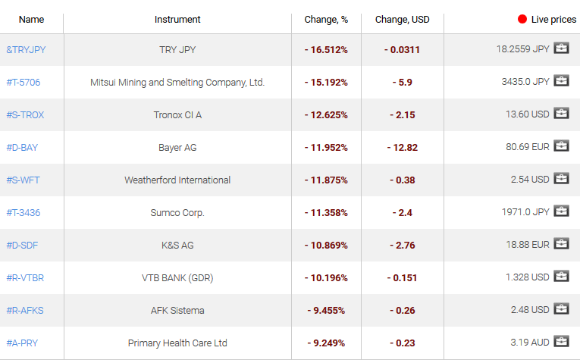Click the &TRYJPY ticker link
26,49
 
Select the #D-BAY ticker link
22,147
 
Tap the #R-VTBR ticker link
25,278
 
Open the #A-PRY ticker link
22,343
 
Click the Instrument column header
177,19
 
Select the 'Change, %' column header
326,19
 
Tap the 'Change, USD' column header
402,19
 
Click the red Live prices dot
522,19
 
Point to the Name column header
32,19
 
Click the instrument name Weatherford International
177,180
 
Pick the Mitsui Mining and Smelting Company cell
177,82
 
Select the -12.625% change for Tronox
326,115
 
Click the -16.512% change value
326,49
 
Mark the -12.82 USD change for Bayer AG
402,148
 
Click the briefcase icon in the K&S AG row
561,244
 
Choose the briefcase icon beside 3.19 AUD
561,342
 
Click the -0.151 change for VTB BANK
402,278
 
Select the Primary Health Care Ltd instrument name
177,343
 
